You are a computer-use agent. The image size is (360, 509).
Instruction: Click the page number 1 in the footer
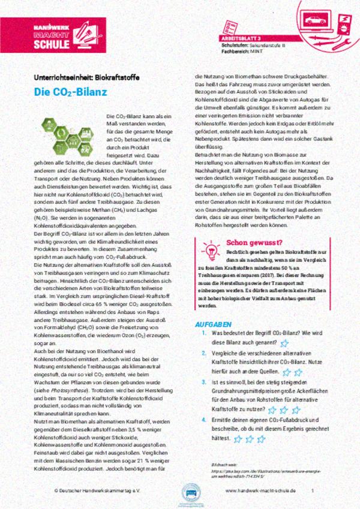click(313, 490)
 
